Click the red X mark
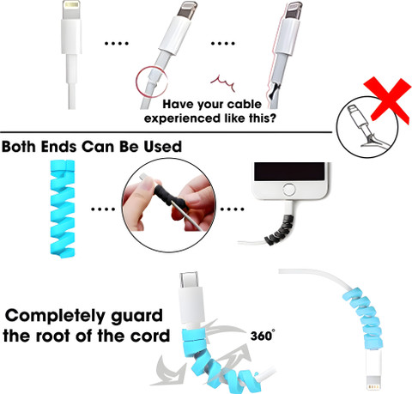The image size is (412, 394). pos(388,100)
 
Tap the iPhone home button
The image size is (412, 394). pos(289,190)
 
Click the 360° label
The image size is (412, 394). pos(263,336)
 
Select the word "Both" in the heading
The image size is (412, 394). pos(20,147)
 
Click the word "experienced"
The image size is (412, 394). pos(182,118)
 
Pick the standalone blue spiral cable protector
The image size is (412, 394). pos(63,209)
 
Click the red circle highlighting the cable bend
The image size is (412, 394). pos(151,82)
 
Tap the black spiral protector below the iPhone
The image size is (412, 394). pos(280,230)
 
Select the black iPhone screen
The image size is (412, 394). pos(289,172)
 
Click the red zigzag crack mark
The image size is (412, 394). pos(222,83)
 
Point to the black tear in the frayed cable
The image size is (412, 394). pos(275,90)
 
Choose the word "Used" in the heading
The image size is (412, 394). pos(162,147)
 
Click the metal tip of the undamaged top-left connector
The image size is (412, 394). pos(70,10)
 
